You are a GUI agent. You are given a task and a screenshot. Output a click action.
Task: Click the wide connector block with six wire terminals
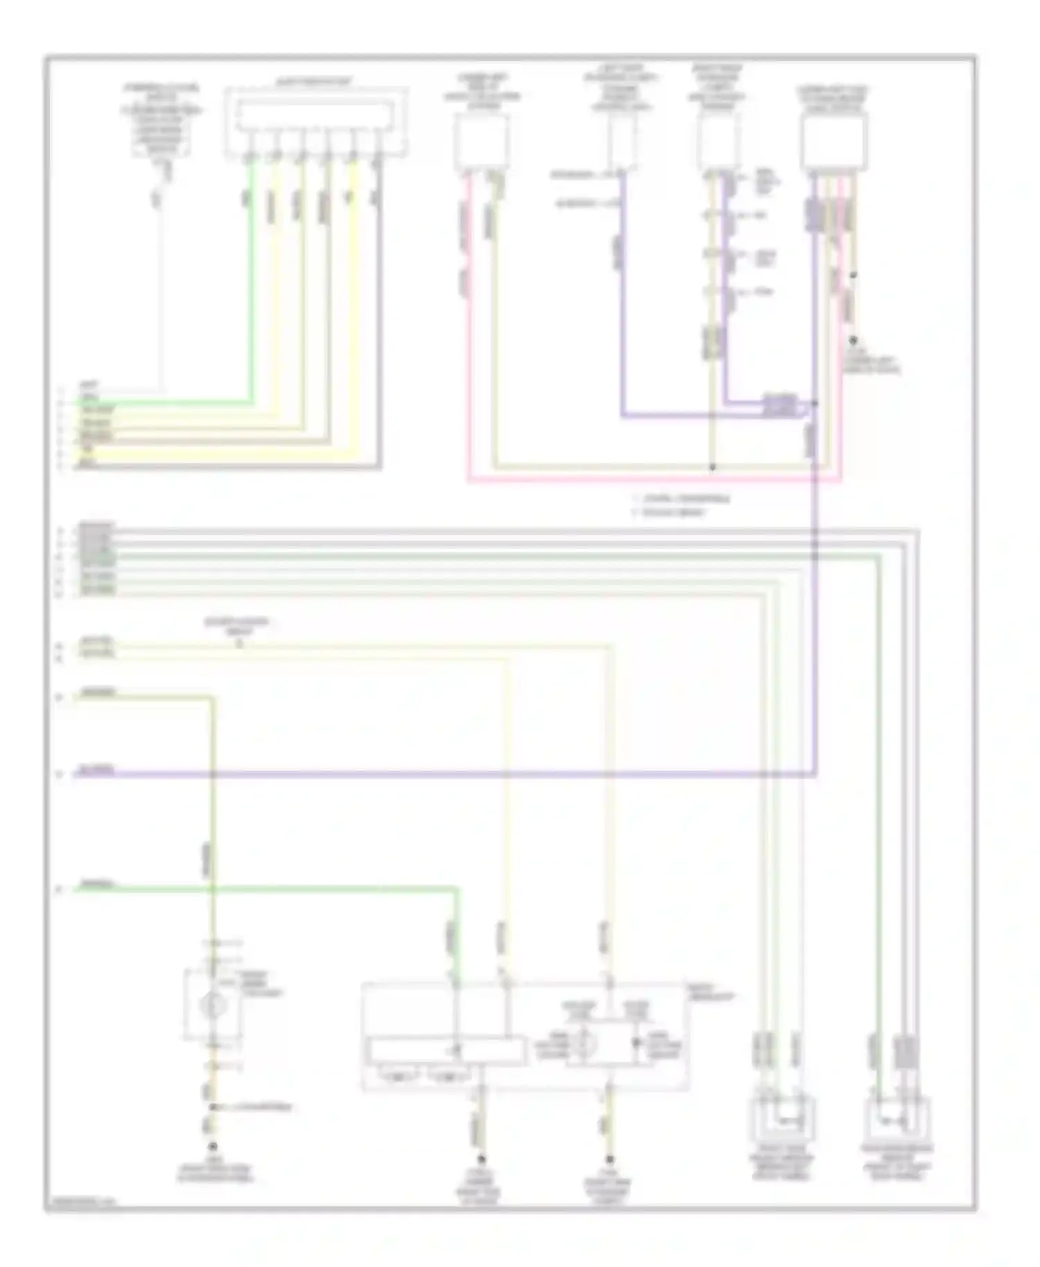316,123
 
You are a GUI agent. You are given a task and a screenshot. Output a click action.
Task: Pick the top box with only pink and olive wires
481,142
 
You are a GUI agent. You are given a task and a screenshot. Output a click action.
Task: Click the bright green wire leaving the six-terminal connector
251,291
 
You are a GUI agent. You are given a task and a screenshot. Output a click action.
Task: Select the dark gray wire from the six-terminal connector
379,312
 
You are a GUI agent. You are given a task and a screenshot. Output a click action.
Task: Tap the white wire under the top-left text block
161,291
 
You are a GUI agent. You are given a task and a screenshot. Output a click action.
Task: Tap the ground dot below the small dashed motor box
213,1147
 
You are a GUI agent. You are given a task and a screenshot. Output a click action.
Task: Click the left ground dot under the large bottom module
480,1158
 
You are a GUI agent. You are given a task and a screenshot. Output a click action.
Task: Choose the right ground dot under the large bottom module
610,1158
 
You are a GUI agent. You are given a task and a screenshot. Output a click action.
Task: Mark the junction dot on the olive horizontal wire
712,468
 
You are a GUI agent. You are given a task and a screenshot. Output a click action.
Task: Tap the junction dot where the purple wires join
815,403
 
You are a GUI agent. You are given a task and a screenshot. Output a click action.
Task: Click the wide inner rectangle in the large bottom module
445,1050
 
